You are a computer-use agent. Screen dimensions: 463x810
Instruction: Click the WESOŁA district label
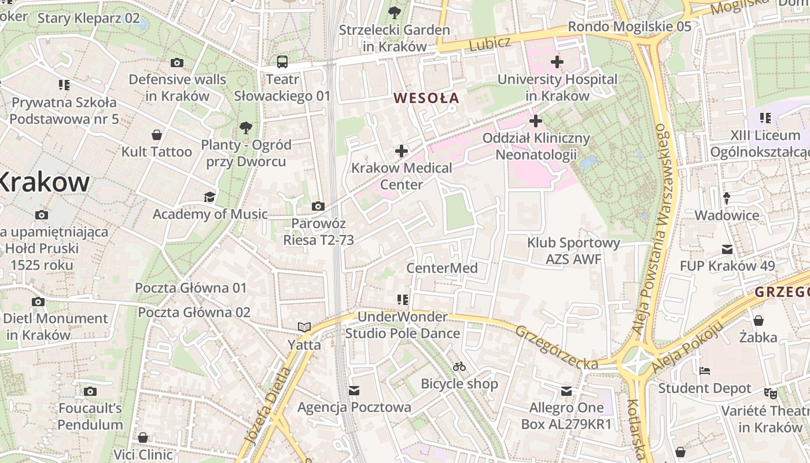426,98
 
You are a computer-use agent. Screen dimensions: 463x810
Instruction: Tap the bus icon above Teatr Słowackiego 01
282,62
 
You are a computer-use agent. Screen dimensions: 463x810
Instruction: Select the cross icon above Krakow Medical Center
402,152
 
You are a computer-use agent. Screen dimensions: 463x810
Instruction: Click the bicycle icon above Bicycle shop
459,366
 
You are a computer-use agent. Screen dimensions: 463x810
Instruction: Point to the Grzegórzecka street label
556,347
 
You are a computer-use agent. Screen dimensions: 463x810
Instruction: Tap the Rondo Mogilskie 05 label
629,27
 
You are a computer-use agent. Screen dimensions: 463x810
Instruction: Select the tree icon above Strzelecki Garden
395,12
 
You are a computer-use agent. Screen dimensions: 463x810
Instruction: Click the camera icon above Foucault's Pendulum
90,392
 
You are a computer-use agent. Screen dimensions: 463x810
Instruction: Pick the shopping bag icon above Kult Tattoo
156,135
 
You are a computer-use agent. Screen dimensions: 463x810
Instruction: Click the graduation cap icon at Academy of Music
209,197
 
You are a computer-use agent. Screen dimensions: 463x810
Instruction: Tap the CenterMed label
442,268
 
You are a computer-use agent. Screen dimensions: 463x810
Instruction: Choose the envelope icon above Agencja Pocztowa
354,391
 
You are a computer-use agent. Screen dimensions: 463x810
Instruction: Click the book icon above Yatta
304,328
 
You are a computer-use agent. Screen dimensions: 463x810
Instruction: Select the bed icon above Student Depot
704,371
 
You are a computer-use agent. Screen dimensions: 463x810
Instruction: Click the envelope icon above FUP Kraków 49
727,249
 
